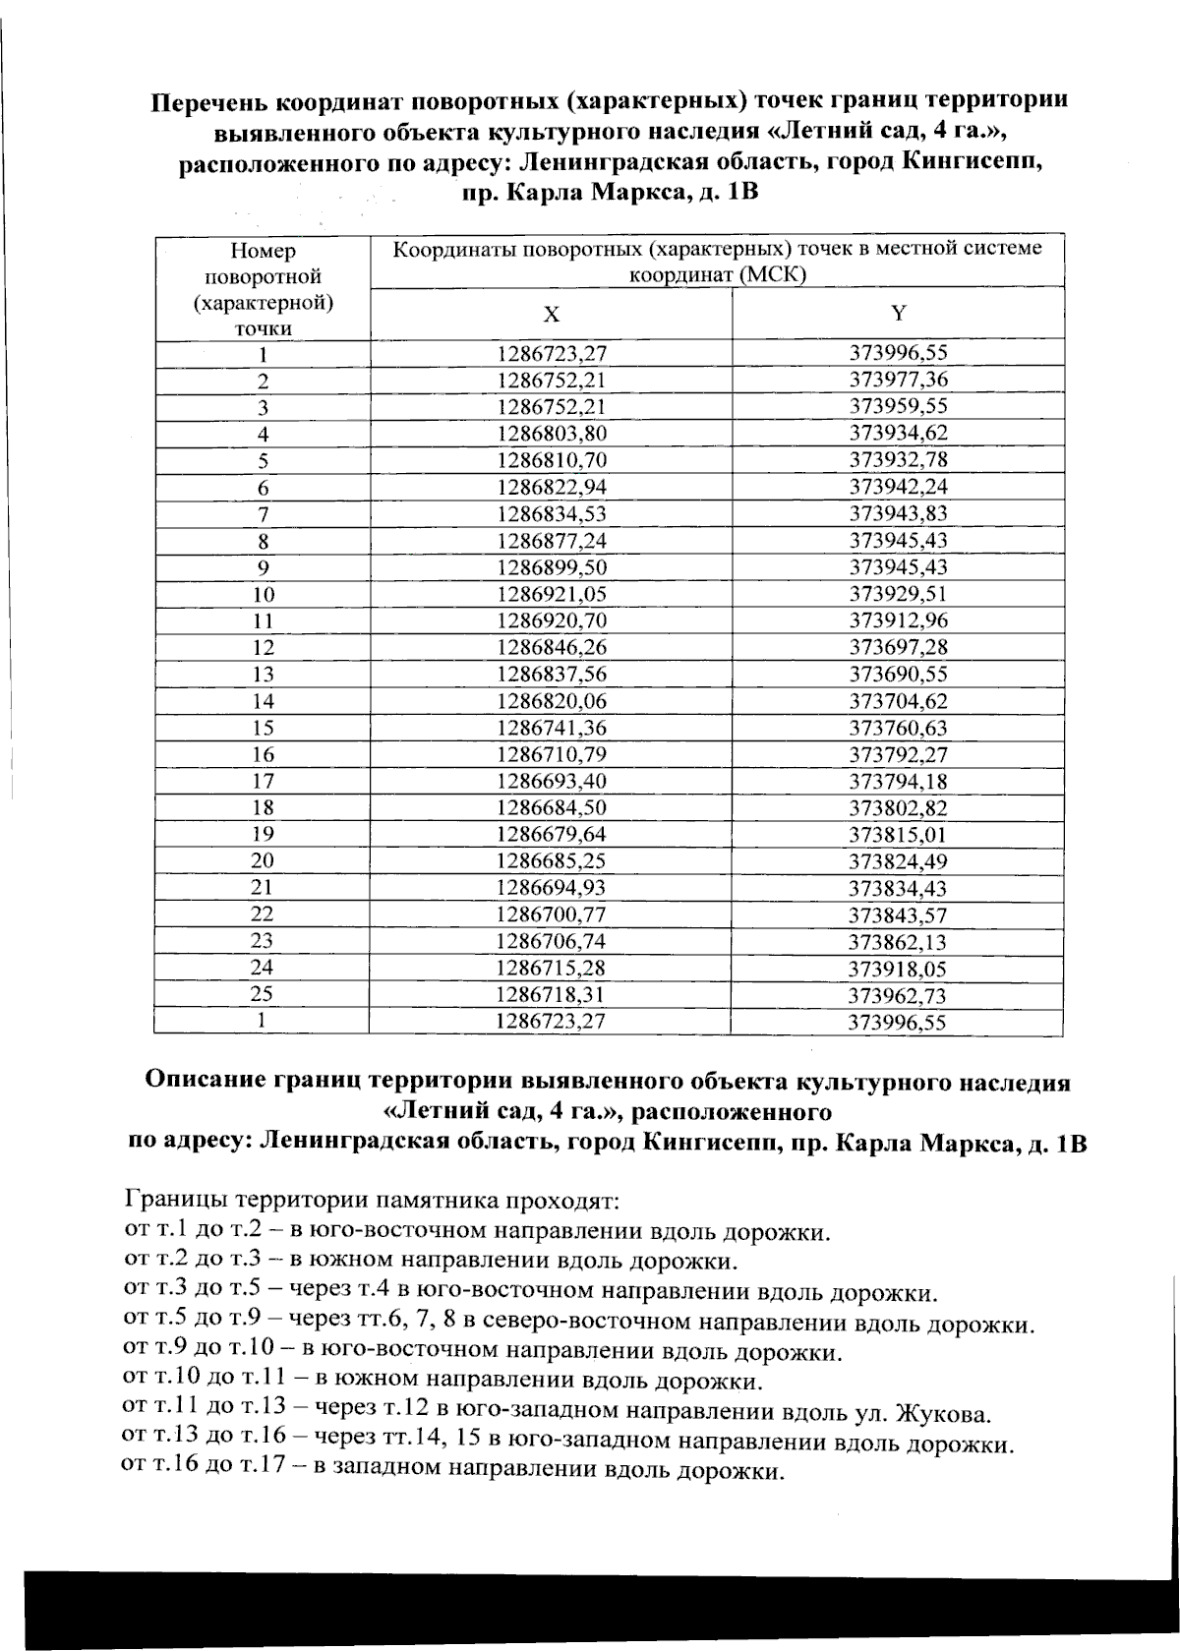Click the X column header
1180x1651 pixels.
pyautogui.click(x=552, y=315)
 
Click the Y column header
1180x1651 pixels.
pyautogui.click(x=898, y=313)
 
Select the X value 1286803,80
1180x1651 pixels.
pyautogui.click(x=551, y=434)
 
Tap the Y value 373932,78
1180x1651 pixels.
pyautogui.click(x=898, y=459)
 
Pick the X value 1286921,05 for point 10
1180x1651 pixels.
pyautogui.click(x=551, y=594)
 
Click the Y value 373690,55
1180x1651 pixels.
pyautogui.click(x=898, y=674)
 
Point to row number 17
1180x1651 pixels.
pyautogui.click(x=263, y=781)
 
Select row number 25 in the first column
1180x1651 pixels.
pyautogui.click(x=261, y=994)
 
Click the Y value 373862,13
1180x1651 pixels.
pyautogui.click(x=898, y=941)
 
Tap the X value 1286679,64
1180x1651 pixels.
pyautogui.click(x=551, y=834)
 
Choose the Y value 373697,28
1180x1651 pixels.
pyautogui.click(x=898, y=647)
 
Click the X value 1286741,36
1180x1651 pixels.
pyautogui.click(x=551, y=728)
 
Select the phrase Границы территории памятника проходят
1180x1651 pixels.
pyautogui.click(x=371, y=1202)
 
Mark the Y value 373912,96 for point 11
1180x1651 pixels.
pyautogui.click(x=898, y=620)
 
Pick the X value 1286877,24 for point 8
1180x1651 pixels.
pyautogui.click(x=551, y=541)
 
